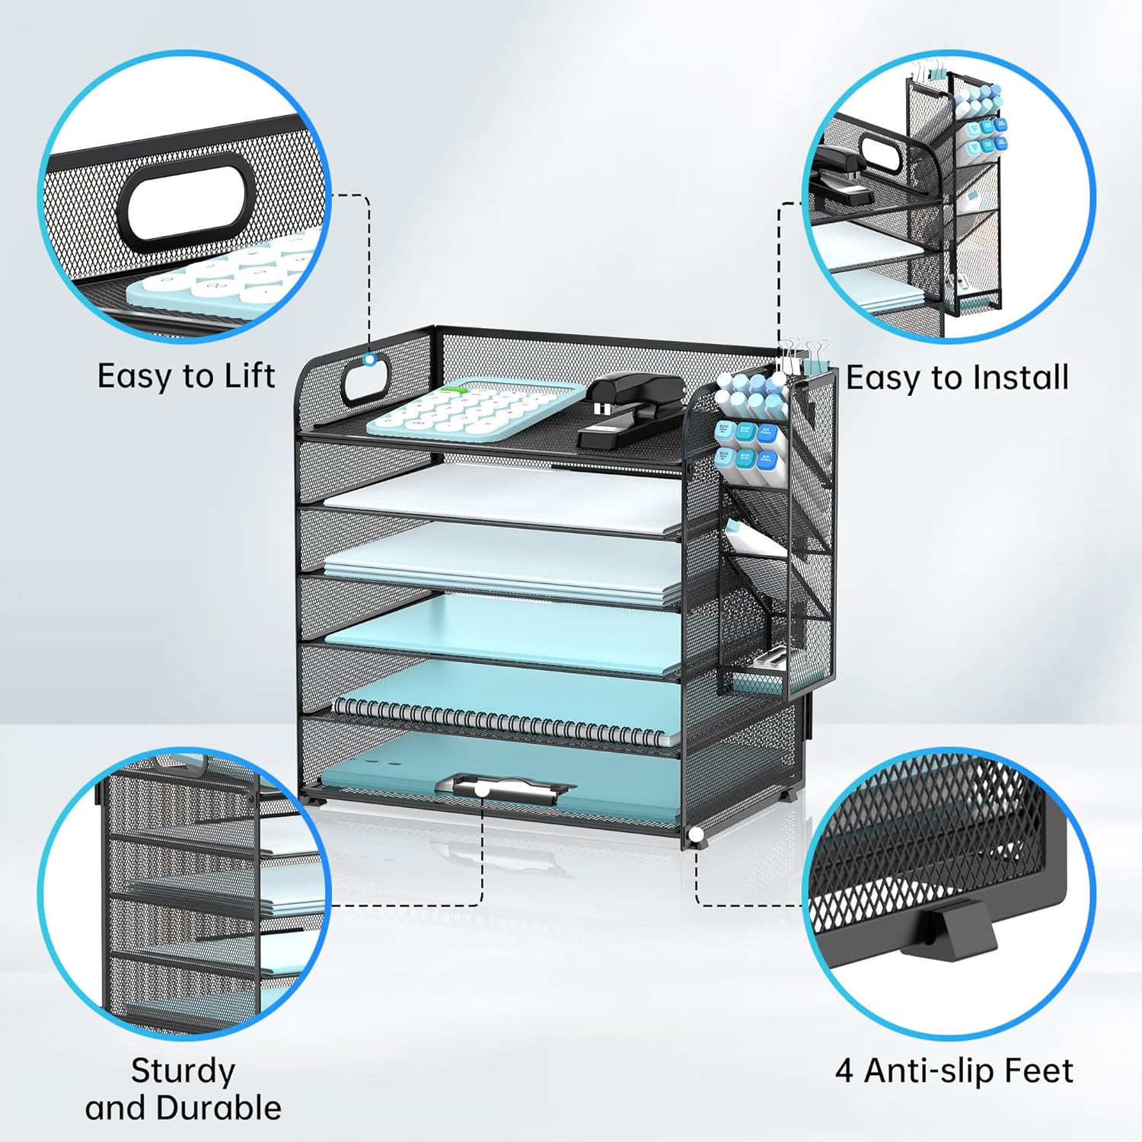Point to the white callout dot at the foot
point(695,835)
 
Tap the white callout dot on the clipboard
point(482,791)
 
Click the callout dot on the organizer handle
point(370,360)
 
